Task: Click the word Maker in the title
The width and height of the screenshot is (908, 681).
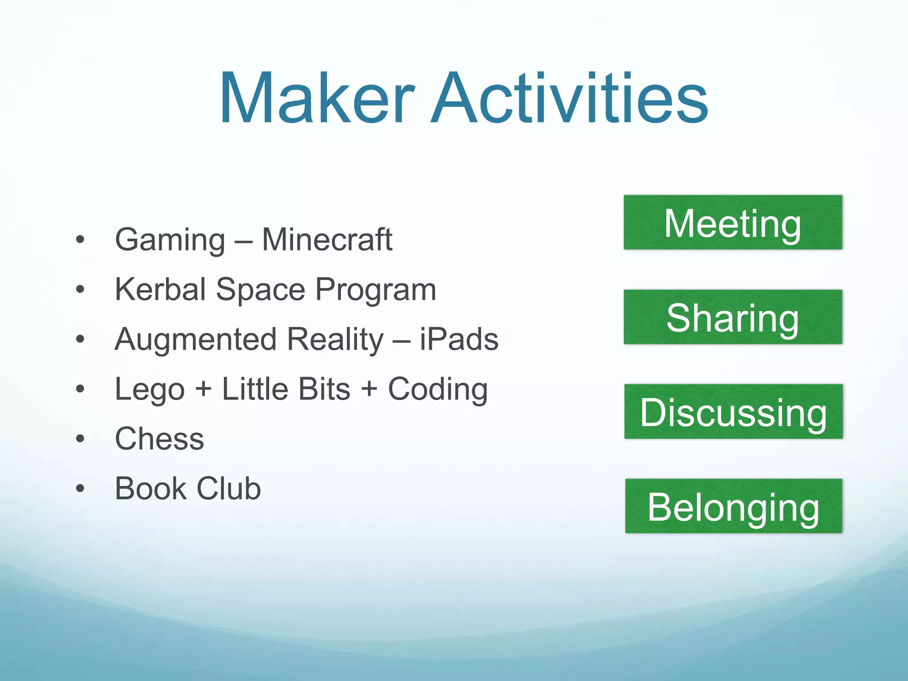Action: tap(317, 98)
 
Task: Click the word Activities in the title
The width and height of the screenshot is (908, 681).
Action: tap(569, 98)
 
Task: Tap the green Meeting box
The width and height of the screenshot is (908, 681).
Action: tap(732, 223)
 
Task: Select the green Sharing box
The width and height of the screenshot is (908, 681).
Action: tap(732, 317)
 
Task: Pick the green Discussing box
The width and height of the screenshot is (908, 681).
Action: tap(733, 411)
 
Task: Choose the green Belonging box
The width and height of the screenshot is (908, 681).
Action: tap(733, 506)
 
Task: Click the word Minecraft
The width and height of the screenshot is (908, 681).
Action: tap(327, 240)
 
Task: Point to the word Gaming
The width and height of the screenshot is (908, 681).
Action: tap(170, 240)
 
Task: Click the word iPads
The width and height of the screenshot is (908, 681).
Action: tap(459, 340)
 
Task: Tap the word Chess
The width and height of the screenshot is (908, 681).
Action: tap(160, 439)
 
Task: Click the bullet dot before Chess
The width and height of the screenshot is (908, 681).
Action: tap(80, 439)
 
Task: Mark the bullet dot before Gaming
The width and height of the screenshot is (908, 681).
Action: tap(80, 240)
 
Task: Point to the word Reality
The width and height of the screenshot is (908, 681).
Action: tap(335, 340)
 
